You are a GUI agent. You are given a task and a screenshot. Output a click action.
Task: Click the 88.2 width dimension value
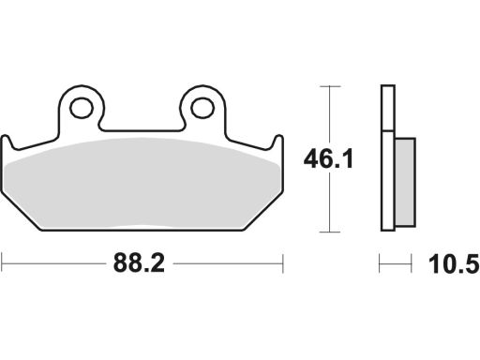[139, 263]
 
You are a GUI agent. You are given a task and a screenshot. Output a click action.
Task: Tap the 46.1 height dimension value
[328, 158]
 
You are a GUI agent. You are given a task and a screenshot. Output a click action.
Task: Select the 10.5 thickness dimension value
[454, 264]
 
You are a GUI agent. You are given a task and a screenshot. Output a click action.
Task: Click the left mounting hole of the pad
[82, 108]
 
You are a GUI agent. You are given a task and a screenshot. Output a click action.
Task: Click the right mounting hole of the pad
[202, 108]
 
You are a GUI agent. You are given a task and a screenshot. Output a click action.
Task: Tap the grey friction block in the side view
[405, 182]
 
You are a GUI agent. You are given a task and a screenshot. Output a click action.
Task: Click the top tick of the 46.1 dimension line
[330, 86]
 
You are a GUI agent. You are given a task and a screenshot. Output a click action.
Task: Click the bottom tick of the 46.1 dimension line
[330, 232]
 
